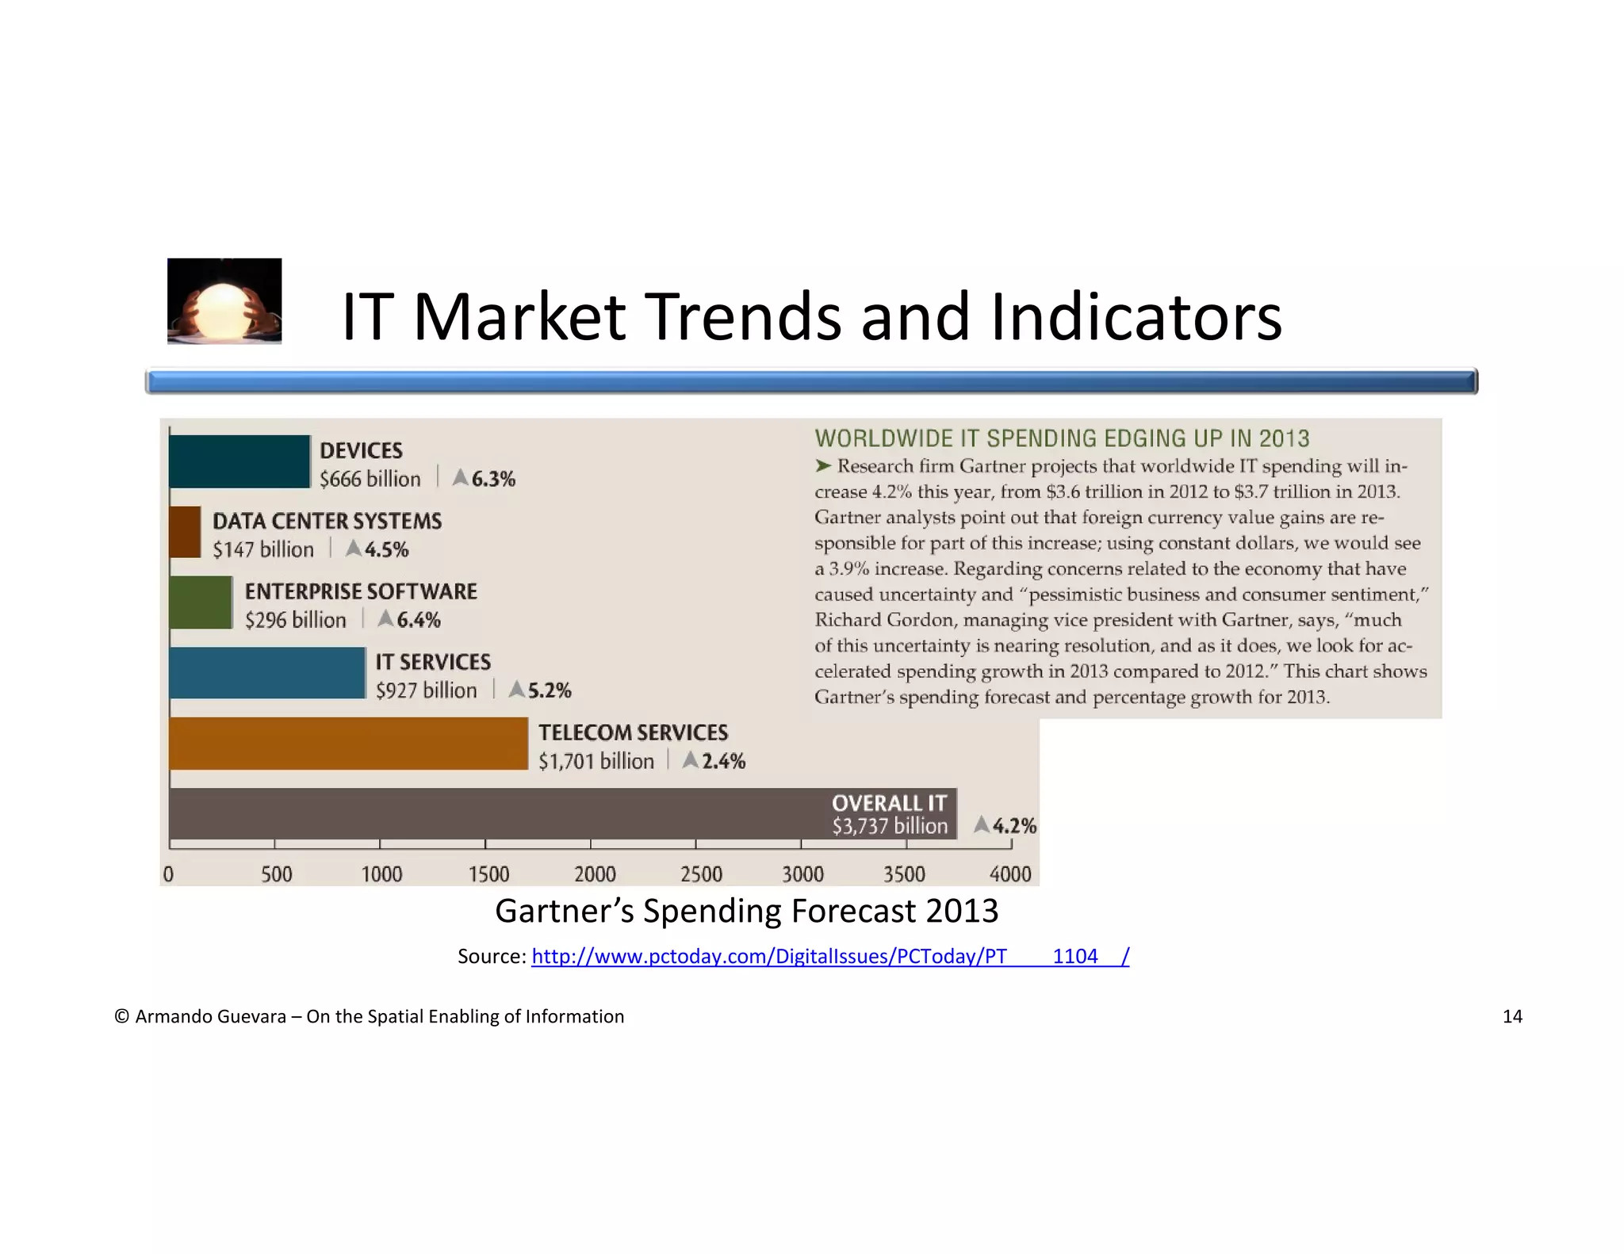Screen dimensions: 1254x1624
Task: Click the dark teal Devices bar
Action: point(239,461)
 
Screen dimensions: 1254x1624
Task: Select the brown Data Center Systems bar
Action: point(185,532)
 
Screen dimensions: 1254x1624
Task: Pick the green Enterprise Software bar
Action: point(201,602)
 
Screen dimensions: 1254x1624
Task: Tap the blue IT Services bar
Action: point(267,673)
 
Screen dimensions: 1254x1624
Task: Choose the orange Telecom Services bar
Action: point(348,744)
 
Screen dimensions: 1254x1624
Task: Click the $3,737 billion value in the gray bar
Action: point(889,827)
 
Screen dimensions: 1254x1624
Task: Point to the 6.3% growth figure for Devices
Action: point(492,480)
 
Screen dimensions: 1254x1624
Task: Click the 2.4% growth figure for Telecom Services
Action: point(722,762)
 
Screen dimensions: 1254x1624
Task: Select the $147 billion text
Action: point(262,549)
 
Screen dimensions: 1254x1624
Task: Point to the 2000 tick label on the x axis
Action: point(595,874)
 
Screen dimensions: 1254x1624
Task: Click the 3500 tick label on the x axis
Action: point(904,874)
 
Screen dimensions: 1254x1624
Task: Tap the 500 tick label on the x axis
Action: point(276,874)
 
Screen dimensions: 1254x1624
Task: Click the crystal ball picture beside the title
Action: point(224,301)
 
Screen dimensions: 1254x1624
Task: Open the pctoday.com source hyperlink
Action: point(829,957)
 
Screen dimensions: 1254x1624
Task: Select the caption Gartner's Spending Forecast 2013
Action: point(746,912)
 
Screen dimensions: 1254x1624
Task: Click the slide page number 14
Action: point(1511,1017)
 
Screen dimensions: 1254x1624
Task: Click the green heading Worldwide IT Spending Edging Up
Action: point(1062,438)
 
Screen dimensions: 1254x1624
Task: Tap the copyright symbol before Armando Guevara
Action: point(122,1017)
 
